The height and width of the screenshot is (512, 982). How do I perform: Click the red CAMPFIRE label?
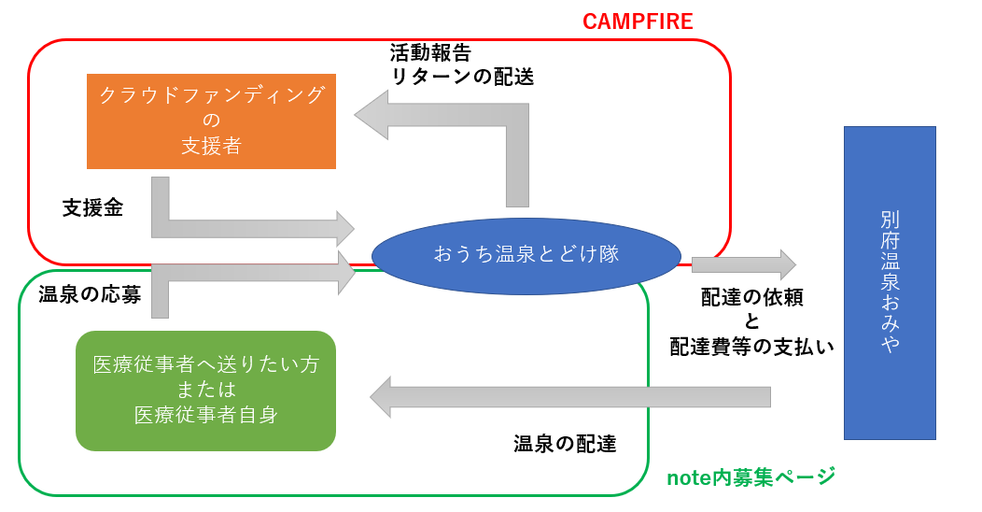point(638,21)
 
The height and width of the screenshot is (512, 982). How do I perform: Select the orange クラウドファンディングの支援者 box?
point(211,121)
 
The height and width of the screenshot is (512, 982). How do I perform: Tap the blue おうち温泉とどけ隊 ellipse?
point(526,254)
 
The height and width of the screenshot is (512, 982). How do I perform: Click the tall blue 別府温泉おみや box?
point(889,282)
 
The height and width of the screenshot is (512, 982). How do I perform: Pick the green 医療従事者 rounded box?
point(205,391)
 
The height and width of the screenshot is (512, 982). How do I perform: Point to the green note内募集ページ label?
point(751,477)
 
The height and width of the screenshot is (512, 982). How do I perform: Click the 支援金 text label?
point(92,208)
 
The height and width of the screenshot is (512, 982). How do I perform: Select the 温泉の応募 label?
point(90,295)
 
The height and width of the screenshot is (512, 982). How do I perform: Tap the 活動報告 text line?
point(430,52)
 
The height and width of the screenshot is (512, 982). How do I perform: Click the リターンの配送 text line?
point(462,77)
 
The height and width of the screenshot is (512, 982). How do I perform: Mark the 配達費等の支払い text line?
point(751,346)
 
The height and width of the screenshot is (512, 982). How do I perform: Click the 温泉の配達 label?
point(565,444)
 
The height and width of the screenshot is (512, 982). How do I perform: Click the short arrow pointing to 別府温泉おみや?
point(743,264)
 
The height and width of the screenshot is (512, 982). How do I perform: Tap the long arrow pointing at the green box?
point(569,397)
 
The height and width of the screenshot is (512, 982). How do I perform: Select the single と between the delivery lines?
point(752,321)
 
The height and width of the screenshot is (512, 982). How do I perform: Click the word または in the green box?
point(205,390)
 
